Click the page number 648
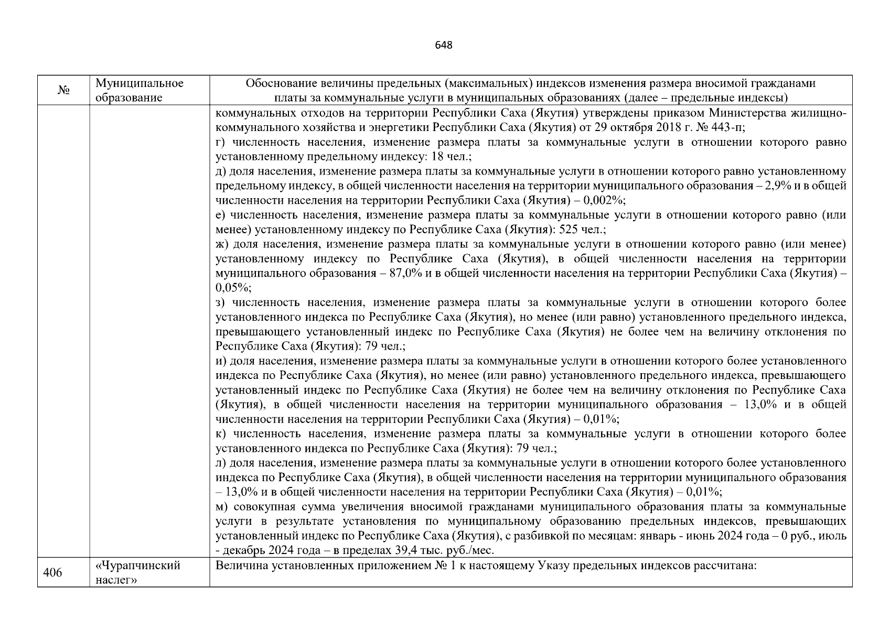coord(444,45)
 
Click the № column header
coord(63,91)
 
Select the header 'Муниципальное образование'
coord(140,91)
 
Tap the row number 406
coord(52,573)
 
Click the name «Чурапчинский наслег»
coord(138,573)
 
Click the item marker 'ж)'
coord(222,244)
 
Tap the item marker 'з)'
coord(221,302)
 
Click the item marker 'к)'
coord(221,433)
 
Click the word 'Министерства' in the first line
coord(741,113)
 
